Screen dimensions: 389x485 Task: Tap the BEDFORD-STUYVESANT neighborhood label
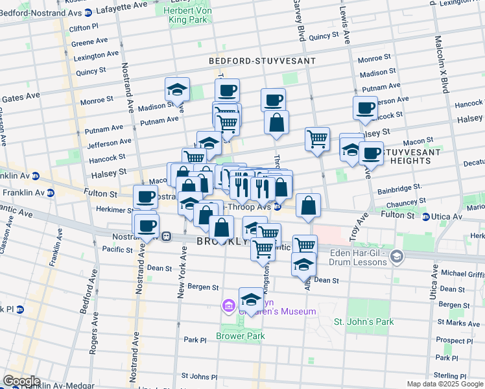[262, 61]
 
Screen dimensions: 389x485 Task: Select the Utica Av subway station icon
[426, 217]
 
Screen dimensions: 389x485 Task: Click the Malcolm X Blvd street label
[445, 65]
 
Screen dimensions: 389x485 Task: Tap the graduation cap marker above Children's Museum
[251, 300]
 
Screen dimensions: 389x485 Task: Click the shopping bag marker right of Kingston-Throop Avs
[309, 206]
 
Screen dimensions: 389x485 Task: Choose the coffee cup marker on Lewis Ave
[366, 108]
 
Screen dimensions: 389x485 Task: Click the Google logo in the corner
[21, 381]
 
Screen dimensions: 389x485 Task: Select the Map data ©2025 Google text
[445, 384]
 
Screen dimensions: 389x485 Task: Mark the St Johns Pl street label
[199, 375]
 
